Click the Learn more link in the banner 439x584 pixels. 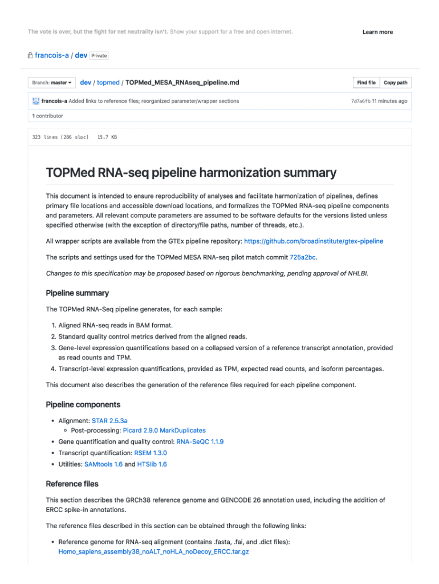(x=377, y=32)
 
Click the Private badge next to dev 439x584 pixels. (x=99, y=56)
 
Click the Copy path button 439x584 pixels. (x=395, y=83)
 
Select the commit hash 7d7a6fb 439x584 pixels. (x=360, y=101)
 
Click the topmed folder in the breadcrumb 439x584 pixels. (x=108, y=83)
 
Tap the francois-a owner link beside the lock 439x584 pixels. (x=51, y=56)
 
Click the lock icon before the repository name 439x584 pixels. (x=30, y=56)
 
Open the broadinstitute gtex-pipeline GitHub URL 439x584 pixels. (x=314, y=241)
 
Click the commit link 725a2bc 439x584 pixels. (x=303, y=257)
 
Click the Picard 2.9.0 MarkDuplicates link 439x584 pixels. (x=164, y=431)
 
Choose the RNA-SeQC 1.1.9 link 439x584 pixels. (x=200, y=441)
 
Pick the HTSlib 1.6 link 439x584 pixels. (x=152, y=464)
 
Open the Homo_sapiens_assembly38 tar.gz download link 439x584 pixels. (x=153, y=552)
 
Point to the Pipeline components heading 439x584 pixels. (x=83, y=404)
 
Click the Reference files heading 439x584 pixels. (x=72, y=484)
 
